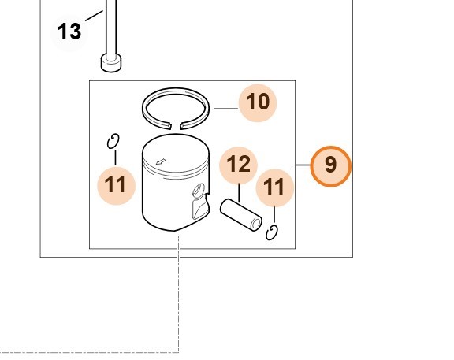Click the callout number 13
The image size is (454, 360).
(x=69, y=32)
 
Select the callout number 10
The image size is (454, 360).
(x=258, y=102)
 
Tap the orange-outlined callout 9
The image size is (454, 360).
(x=331, y=166)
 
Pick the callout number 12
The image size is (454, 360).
(x=239, y=165)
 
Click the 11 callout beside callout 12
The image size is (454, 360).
(x=275, y=187)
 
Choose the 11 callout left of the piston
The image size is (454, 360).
(x=116, y=185)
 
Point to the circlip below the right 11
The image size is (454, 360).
(x=272, y=233)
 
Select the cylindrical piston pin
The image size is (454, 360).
(x=241, y=215)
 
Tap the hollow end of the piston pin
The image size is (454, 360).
(x=256, y=224)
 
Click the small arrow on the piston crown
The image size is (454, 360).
(x=161, y=161)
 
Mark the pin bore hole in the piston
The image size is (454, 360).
(x=199, y=191)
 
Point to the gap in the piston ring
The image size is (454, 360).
(x=176, y=125)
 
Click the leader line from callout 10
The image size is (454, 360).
(x=226, y=109)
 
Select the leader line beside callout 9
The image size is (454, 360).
(x=303, y=165)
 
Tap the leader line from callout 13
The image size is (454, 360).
(x=94, y=16)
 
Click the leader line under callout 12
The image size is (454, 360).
(x=239, y=193)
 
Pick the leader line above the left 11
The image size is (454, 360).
(x=116, y=158)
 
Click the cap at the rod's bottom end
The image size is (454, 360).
(x=111, y=63)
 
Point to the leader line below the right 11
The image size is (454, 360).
(x=274, y=214)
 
